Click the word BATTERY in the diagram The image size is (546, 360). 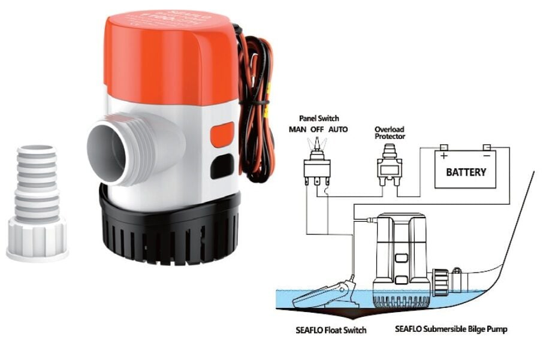coord(466,173)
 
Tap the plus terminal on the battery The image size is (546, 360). coord(444,148)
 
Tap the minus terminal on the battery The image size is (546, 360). coord(487,148)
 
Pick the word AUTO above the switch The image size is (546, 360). coord(338,129)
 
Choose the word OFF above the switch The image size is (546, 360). coord(317,129)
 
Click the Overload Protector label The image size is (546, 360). coord(390,132)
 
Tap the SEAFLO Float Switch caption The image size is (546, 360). coord(331,330)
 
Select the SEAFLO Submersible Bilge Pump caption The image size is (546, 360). coord(451,330)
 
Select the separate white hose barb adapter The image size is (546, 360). coord(37,204)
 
